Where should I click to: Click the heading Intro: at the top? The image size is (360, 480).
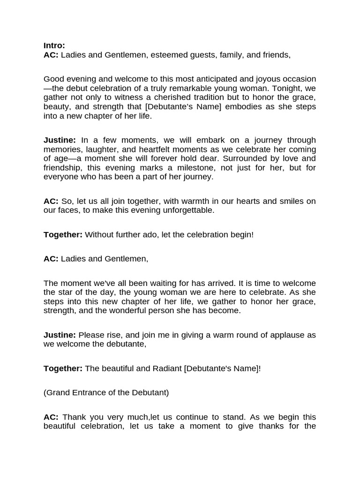[x=54, y=45]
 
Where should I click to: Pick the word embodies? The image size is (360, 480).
[x=247, y=107]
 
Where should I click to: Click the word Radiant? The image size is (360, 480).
[x=167, y=368]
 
